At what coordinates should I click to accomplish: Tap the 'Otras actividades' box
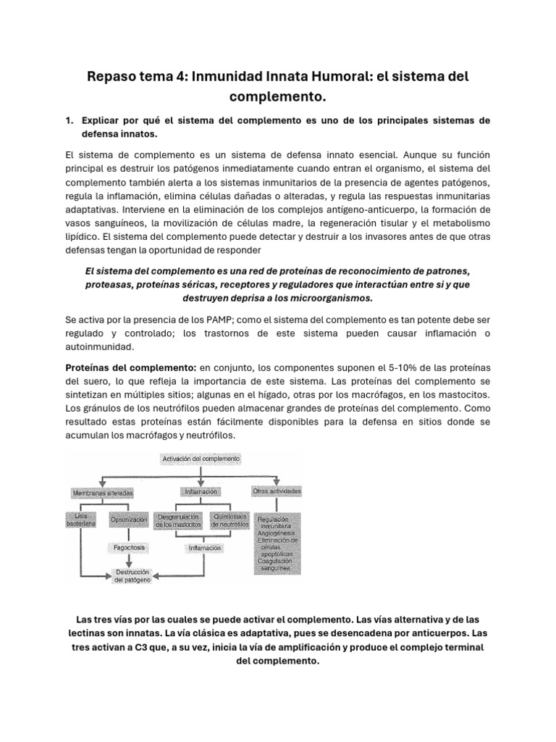point(277,492)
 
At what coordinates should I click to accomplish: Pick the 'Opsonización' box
point(129,520)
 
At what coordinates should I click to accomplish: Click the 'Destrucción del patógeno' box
point(132,576)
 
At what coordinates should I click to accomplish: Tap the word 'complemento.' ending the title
point(277,96)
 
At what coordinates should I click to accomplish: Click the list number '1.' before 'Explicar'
point(70,121)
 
